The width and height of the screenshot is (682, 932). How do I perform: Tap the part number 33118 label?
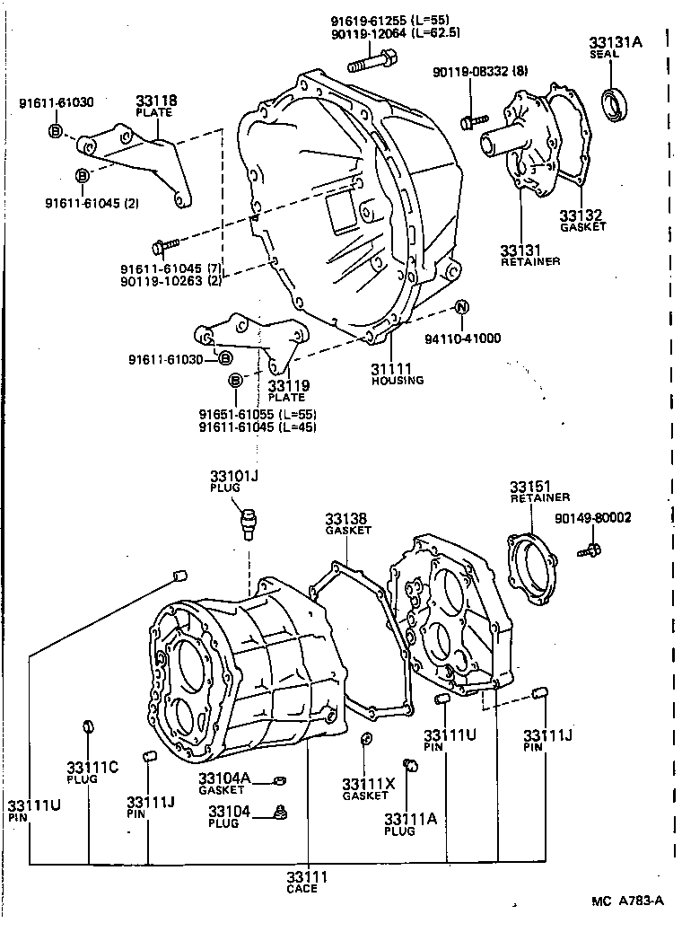156,102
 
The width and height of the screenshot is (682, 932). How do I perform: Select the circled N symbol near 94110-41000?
461,308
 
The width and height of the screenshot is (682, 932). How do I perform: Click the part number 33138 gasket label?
347,519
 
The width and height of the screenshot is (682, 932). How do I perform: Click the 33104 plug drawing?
280,813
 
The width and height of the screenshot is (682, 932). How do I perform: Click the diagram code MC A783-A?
626,901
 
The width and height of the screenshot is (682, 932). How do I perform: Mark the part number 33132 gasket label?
581,215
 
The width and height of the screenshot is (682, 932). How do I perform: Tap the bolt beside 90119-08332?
472,118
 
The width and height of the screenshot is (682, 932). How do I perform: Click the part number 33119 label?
287,386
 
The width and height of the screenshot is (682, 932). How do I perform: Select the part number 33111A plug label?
410,820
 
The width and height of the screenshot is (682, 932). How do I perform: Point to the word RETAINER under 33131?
529,261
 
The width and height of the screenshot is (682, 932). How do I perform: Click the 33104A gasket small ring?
279,779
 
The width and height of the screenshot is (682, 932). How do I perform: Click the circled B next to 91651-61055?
236,381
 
